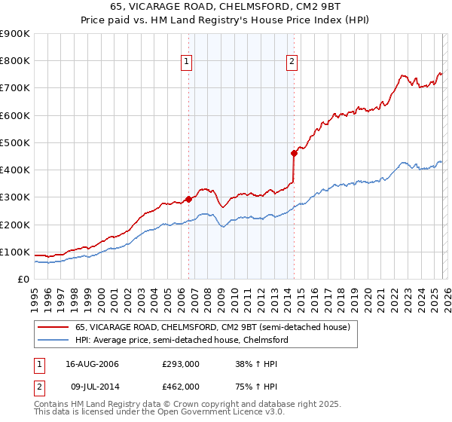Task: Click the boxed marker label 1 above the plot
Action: [x=186, y=63]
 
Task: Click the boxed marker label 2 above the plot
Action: [x=292, y=63]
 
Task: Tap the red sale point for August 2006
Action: [x=188, y=199]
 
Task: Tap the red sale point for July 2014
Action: [x=294, y=153]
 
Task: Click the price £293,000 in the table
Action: [x=180, y=364]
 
